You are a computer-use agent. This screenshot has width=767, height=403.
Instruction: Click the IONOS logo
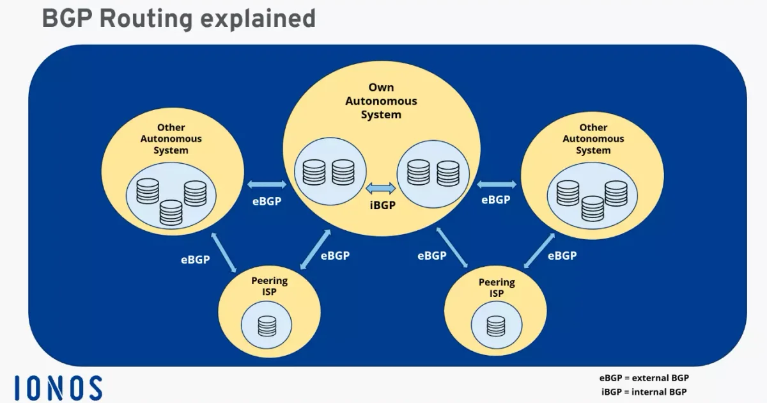58,388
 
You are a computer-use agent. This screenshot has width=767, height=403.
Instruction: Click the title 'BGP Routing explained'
179,19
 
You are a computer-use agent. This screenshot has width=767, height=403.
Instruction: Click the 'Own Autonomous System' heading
381,101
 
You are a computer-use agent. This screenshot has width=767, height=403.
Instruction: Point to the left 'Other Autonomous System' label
171,139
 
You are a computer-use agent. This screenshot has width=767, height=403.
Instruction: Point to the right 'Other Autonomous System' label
593,139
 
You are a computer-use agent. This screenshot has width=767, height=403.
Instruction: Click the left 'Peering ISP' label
270,287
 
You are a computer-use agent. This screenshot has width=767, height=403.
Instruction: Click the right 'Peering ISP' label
496,288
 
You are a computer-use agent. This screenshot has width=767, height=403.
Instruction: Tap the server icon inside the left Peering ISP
267,326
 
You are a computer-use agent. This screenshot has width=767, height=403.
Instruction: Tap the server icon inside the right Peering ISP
495,326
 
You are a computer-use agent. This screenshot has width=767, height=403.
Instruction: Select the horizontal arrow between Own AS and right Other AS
496,185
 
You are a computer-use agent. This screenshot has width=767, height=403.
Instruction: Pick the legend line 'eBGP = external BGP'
644,378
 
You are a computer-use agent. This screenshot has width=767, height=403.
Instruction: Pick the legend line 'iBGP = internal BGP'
644,391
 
